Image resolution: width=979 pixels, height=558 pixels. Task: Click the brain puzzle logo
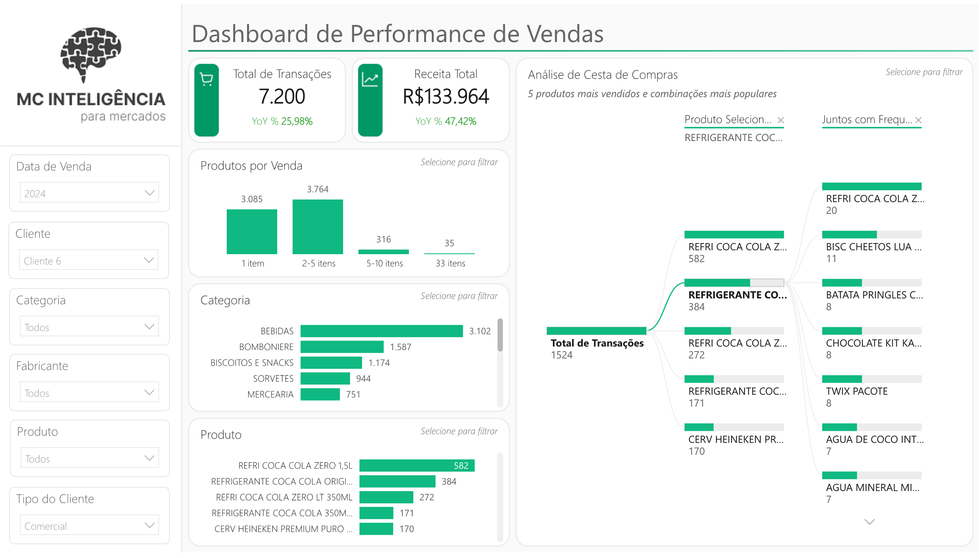[x=91, y=54]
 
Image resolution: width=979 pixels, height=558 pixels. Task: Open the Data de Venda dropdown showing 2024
[x=89, y=193]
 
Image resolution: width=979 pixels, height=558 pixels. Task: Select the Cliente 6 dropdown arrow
[x=149, y=260]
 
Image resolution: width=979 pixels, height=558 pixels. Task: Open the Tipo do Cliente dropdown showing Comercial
[x=89, y=526]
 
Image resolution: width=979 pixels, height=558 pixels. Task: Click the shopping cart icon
[x=207, y=80]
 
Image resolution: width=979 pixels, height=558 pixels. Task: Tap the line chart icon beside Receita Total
[x=370, y=80]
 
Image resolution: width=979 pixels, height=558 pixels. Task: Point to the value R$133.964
[x=446, y=96]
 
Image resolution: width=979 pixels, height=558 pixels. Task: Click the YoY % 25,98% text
[x=282, y=122]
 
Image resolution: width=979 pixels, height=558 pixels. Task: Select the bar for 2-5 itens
[x=317, y=227]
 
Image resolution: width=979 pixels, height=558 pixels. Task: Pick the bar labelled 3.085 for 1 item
[x=252, y=232]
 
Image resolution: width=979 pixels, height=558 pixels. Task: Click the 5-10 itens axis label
[x=384, y=263]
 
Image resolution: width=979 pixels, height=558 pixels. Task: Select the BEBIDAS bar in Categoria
[x=381, y=331]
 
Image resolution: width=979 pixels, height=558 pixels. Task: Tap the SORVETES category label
[x=273, y=379]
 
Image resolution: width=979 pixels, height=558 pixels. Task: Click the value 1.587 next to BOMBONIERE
[x=400, y=347]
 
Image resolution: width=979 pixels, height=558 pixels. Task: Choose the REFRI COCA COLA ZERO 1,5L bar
[x=416, y=465]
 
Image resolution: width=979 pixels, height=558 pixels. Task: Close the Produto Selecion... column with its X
[x=781, y=120]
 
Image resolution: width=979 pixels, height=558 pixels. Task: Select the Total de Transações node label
[x=597, y=343]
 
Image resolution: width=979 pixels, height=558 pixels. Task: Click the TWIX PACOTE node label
[x=856, y=391]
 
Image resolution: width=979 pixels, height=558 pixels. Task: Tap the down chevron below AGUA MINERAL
[x=869, y=522]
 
